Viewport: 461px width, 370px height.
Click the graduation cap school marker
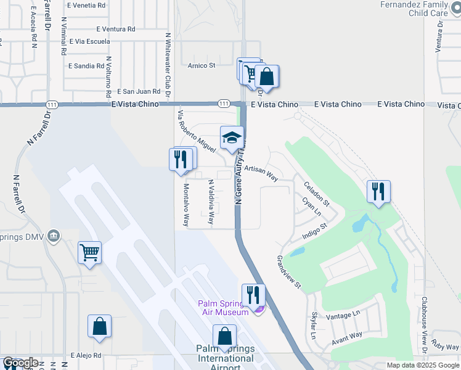tap(232, 138)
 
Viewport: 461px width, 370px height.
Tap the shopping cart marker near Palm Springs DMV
tap(89, 252)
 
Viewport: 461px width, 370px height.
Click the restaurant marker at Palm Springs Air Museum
tap(253, 295)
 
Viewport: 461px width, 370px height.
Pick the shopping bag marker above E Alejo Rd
tap(99, 327)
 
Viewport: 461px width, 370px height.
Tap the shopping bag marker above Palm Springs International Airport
tap(224, 336)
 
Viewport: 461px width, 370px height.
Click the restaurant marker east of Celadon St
tap(378, 191)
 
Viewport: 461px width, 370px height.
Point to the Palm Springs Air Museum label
tap(223, 307)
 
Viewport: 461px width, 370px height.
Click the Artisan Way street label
tap(261, 173)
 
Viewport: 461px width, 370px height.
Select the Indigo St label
tap(314, 232)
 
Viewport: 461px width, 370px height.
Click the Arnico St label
tap(200, 65)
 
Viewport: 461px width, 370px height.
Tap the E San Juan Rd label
tap(139, 91)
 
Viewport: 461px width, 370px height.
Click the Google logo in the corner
tap(20, 363)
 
